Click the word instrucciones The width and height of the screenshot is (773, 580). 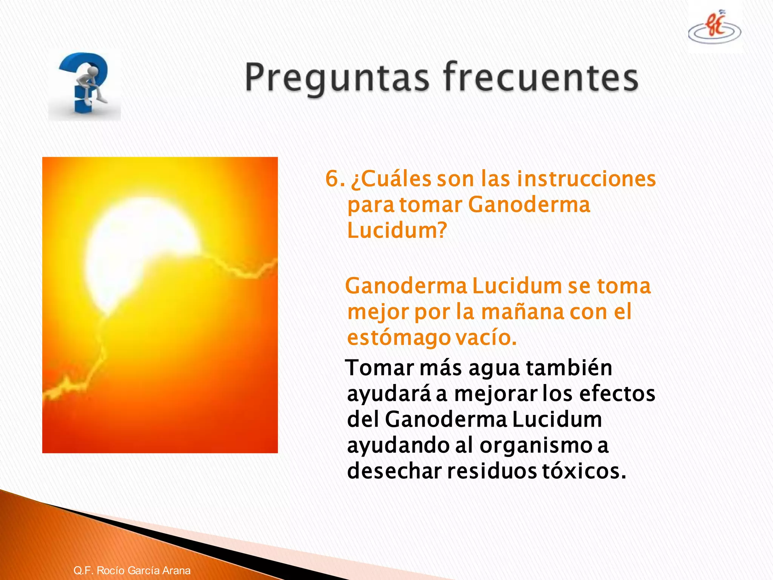pyautogui.click(x=586, y=179)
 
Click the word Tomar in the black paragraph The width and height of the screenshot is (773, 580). pyautogui.click(x=380, y=368)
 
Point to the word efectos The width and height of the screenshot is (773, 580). pyautogui.click(x=617, y=394)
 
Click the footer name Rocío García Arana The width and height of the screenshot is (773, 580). pyautogui.click(x=143, y=570)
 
